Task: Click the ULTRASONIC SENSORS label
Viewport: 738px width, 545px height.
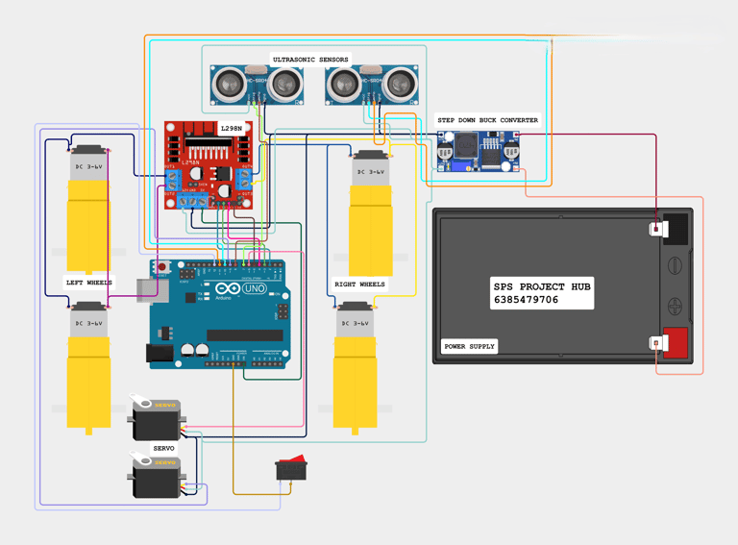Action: point(310,60)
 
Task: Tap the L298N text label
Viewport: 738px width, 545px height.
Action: point(232,128)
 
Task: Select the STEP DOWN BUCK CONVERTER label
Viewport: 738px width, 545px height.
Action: point(487,120)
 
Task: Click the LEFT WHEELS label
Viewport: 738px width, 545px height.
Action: point(88,283)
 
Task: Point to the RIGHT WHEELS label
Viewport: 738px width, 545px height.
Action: point(359,285)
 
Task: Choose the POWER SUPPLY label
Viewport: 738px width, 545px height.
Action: point(469,346)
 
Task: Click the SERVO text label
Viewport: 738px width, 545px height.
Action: point(163,448)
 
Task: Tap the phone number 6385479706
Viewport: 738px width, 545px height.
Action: point(526,300)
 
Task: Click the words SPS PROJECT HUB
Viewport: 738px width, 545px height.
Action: point(542,286)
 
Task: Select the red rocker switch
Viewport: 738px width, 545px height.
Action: point(291,468)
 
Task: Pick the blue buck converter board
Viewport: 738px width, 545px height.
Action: point(479,151)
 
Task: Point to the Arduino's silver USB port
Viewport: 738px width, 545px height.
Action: point(147,290)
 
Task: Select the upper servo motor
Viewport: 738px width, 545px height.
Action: point(156,416)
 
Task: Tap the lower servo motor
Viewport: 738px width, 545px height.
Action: point(156,476)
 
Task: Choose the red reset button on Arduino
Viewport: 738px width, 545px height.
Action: point(162,266)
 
